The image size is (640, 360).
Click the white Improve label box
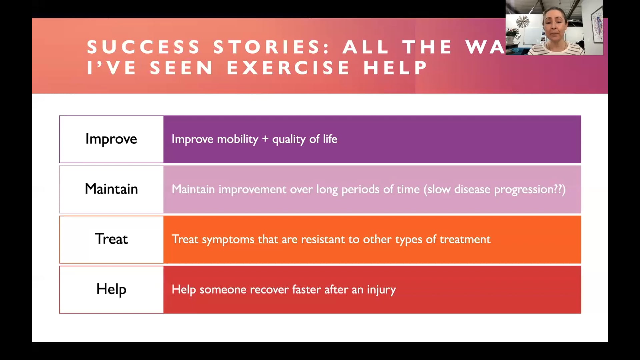(x=111, y=139)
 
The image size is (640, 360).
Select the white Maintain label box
(x=111, y=189)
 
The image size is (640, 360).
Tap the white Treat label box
(x=111, y=239)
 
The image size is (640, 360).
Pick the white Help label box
(x=111, y=289)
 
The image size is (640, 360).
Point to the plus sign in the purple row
(x=265, y=139)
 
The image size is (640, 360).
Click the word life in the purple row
(x=330, y=139)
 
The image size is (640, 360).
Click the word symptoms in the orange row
(x=228, y=240)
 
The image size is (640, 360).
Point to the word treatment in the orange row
(x=465, y=239)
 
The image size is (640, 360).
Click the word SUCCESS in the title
(x=143, y=47)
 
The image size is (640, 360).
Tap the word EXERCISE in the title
(x=288, y=68)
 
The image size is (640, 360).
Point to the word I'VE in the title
(x=111, y=68)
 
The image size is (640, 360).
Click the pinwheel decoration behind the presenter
(x=522, y=22)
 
